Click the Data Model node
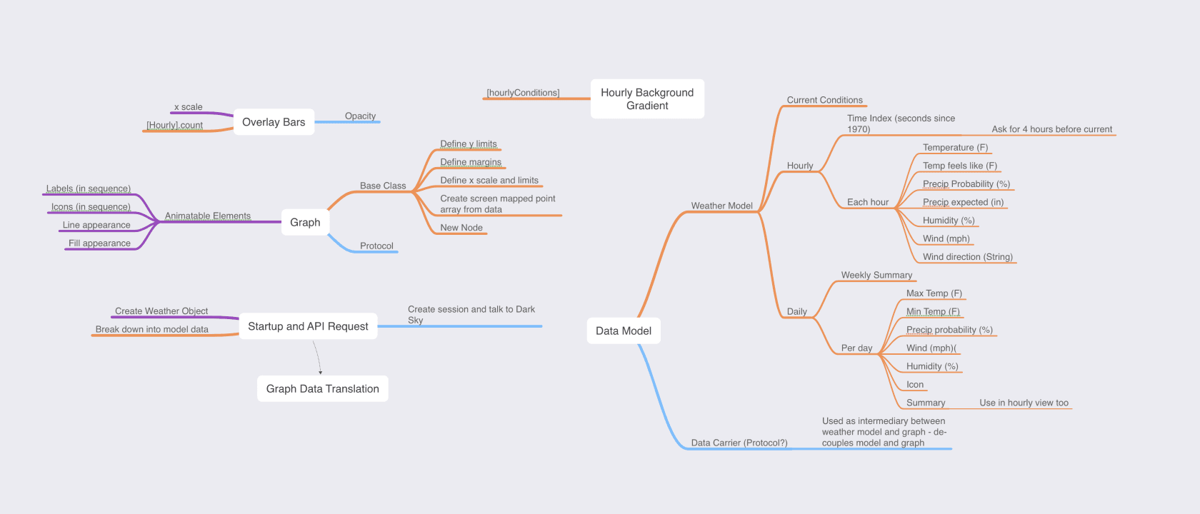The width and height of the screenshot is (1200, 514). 624,331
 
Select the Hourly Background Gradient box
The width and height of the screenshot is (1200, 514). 647,99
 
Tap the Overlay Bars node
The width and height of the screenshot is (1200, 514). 274,122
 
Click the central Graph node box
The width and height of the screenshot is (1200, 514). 305,222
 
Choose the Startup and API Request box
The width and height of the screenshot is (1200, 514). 308,326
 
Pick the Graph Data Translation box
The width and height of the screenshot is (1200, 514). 322,388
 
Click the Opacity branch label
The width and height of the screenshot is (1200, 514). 360,116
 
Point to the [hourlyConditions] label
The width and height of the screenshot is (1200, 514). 523,93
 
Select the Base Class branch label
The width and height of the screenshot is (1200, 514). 383,186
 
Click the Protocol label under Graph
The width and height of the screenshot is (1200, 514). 376,246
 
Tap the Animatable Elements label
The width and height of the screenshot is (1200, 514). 208,216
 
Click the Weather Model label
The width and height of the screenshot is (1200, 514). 721,206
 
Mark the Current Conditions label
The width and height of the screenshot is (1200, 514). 824,100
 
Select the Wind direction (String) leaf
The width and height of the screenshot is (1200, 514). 967,257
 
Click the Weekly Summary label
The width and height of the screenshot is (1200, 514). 876,275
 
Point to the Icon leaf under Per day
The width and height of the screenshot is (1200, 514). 915,385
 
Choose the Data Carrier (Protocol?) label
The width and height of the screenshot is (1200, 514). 739,443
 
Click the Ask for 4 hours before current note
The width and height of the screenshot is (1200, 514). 1051,129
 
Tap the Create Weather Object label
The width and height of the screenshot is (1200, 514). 161,311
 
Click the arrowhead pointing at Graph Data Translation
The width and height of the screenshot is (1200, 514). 320,372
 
